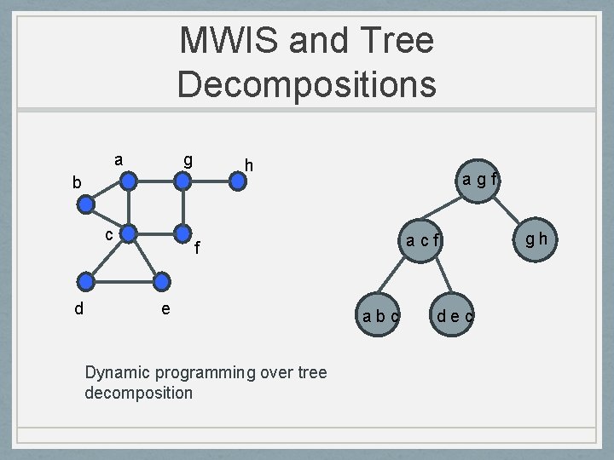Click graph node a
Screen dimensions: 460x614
[x=128, y=181]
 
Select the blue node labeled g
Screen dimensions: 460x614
[x=182, y=181]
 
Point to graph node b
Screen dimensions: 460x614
[x=86, y=204]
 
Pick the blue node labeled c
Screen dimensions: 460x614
[x=128, y=232]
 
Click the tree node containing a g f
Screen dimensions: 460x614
[x=480, y=180]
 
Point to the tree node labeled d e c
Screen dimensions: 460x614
[x=455, y=316]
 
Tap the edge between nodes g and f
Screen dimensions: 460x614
[x=182, y=207]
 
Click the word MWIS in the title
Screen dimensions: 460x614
[x=223, y=41]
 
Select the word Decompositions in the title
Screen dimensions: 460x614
[x=306, y=83]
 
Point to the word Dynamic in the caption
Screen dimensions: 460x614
[x=116, y=372]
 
